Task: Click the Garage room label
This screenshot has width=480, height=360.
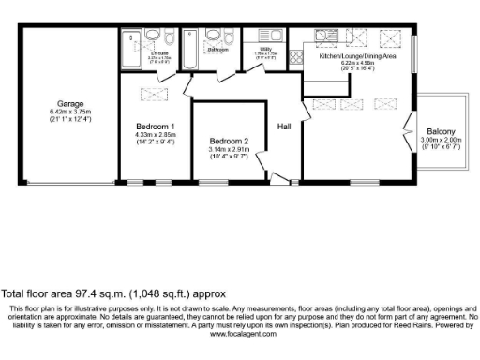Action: (67, 103)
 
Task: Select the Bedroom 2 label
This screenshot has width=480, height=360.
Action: (228, 142)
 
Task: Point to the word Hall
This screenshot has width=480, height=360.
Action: (284, 126)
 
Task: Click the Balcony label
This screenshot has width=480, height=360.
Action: (442, 131)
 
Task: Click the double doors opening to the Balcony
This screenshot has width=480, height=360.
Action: (409, 122)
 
